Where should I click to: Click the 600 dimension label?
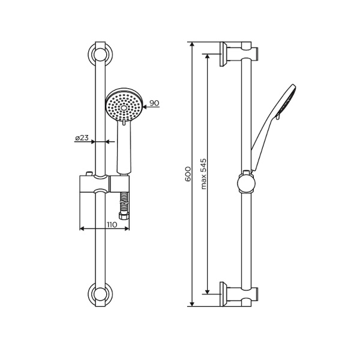tap(188, 175)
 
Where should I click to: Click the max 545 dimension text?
tap(203, 174)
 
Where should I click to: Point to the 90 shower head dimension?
tap(154, 103)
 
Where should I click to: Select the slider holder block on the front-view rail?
tap(95, 185)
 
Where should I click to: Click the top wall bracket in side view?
tap(238, 53)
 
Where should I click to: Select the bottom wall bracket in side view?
tap(238, 293)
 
